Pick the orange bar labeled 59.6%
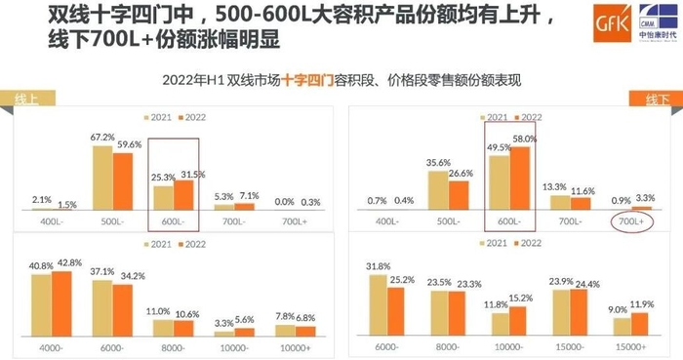pyautogui.click(x=122, y=181)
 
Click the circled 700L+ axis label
pyautogui.click(x=633, y=222)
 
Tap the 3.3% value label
pyautogui.click(x=643, y=197)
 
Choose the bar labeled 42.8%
pyautogui.click(x=60, y=304)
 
